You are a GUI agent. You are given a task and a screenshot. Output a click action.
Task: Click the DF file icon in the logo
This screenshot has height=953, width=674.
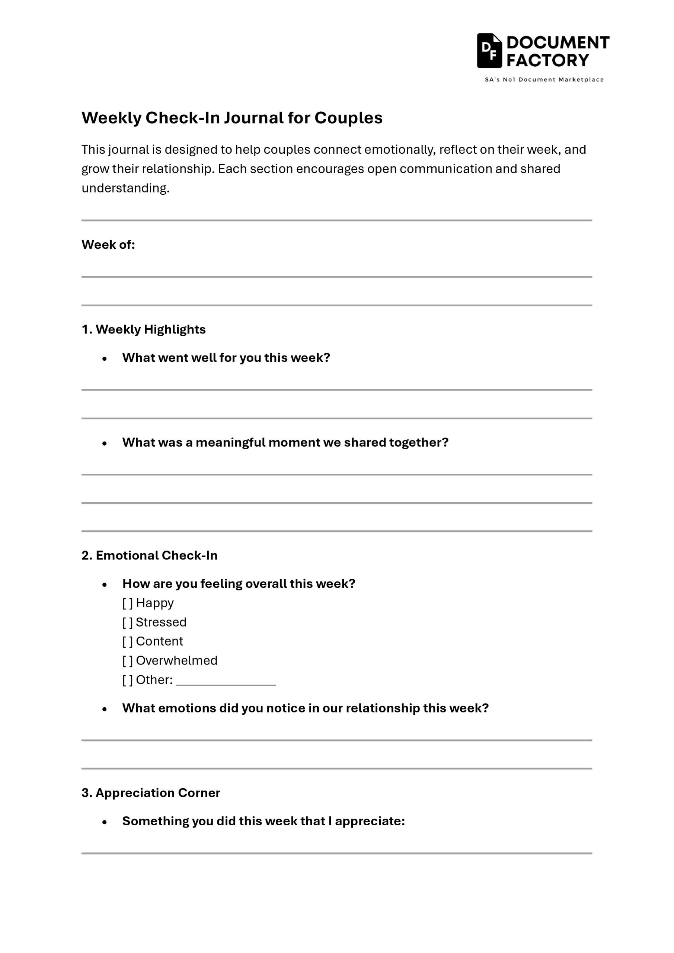click(x=489, y=51)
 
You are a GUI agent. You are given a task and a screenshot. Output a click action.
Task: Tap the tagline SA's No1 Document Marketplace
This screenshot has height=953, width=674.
click(x=544, y=80)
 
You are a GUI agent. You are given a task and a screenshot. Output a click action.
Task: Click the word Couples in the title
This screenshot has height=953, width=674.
click(x=348, y=118)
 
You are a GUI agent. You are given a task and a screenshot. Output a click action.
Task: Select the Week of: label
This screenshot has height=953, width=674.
click(x=108, y=245)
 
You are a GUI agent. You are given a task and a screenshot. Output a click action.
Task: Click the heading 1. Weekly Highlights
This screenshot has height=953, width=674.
click(x=144, y=329)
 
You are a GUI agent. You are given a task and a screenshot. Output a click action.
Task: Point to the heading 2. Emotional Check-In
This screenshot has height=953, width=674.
click(x=149, y=555)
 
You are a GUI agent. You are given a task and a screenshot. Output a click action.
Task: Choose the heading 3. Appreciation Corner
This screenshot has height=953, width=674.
click(x=151, y=793)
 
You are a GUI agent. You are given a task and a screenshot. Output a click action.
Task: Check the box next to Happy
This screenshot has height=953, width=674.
click(x=127, y=603)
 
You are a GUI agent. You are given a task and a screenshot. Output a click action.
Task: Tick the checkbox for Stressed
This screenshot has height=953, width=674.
click(x=127, y=622)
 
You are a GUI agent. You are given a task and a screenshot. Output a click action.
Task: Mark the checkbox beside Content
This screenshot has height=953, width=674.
click(x=127, y=641)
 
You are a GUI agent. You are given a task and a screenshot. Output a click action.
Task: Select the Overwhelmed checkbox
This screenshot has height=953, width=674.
click(x=127, y=660)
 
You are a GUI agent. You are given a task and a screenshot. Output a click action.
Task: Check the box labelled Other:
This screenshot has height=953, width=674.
click(x=127, y=680)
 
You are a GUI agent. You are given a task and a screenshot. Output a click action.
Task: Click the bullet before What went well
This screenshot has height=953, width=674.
click(x=105, y=358)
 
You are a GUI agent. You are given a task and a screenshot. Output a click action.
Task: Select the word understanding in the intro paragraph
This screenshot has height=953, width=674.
click(x=125, y=188)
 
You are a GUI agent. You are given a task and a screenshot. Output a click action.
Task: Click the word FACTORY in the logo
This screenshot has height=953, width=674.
click(x=547, y=61)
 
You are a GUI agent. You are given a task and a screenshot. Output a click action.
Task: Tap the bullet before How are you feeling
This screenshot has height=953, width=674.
click(x=105, y=584)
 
